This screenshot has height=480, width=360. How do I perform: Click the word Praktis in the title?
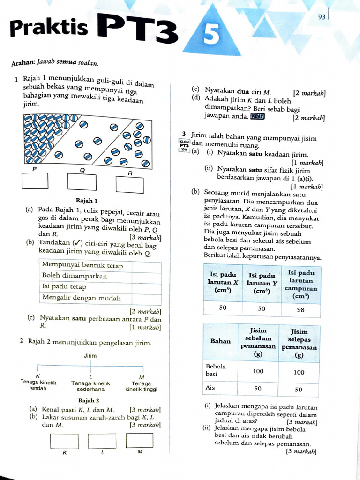pyautogui.click(x=49, y=28)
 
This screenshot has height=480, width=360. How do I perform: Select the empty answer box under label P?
pyautogui.click(x=35, y=180)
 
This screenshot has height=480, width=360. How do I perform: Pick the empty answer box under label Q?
pyautogui.click(x=82, y=181)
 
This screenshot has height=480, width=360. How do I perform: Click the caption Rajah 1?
pyautogui.click(x=86, y=200)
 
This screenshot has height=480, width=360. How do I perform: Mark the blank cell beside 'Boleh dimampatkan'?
pyautogui.click(x=147, y=276)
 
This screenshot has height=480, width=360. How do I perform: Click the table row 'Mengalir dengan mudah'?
pyautogui.click(x=82, y=298)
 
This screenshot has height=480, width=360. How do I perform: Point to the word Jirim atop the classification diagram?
pyautogui.click(x=90, y=356)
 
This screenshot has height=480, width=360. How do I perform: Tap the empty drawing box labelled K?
pyautogui.click(x=64, y=441)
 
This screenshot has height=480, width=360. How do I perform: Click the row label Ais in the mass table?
pyautogui.click(x=211, y=388)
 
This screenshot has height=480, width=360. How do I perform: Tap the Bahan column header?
pyautogui.click(x=220, y=341)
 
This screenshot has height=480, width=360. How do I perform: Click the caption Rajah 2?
pyautogui.click(x=89, y=400)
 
